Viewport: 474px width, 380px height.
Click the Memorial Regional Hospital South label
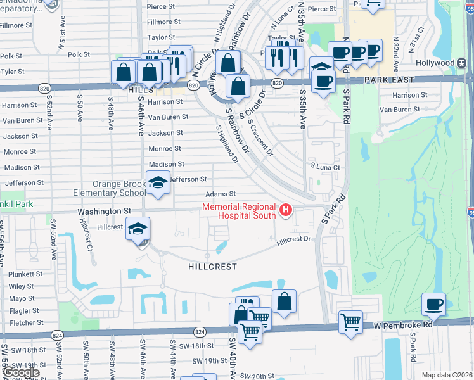coord(239,211)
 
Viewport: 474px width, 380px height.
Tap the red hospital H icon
coord(286,210)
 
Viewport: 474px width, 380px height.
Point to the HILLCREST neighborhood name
coord(212,267)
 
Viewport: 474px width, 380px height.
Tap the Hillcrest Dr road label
coord(295,239)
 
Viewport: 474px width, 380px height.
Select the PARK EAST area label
coord(388,80)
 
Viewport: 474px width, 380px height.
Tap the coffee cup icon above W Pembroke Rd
coord(434,304)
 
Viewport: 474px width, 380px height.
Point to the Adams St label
coord(220,194)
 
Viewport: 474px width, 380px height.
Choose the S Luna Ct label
coord(325,167)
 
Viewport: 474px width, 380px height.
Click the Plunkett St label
coord(25,274)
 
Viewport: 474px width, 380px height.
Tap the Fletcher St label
coord(22,322)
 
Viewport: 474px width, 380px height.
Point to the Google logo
coord(21,372)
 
